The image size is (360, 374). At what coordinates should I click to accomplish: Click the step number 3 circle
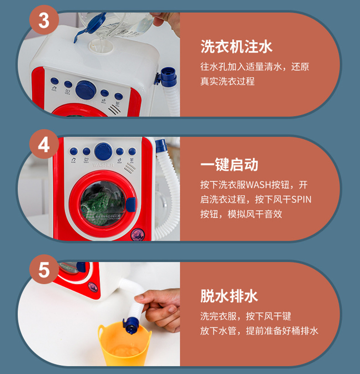(x=44, y=20)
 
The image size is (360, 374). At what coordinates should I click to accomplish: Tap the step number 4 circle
(x=44, y=144)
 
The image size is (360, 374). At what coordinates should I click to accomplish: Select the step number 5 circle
(x=44, y=269)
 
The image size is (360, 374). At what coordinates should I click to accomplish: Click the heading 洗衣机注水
(x=236, y=46)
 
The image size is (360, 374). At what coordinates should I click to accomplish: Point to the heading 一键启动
(x=229, y=164)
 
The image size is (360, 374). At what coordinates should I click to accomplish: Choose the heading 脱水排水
(x=229, y=296)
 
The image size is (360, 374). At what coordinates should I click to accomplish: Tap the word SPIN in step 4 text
(x=301, y=200)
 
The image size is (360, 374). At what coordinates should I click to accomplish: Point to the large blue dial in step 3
(x=86, y=90)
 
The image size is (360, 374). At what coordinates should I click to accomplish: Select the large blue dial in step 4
(x=103, y=152)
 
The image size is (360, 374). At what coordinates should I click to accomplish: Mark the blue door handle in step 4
(x=131, y=205)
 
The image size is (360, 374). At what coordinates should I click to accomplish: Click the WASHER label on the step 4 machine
(x=103, y=165)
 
